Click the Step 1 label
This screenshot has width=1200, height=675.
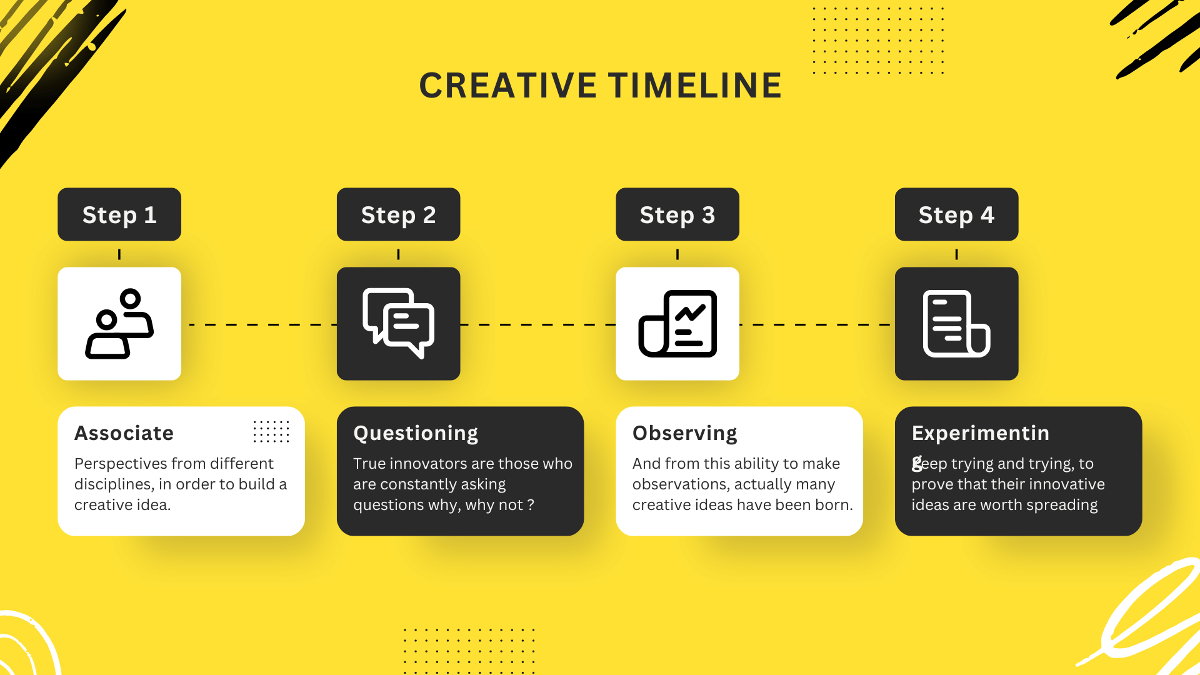click(119, 215)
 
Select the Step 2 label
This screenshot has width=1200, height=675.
click(398, 215)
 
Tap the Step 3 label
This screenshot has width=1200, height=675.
click(677, 215)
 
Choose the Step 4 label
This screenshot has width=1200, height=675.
click(956, 215)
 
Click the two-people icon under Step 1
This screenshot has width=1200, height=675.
click(119, 324)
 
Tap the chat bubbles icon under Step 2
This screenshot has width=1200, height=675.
click(398, 324)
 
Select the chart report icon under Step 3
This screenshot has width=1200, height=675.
click(677, 324)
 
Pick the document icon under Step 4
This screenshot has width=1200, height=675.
click(956, 324)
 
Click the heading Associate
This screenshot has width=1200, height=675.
click(124, 433)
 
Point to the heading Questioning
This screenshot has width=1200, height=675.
click(416, 433)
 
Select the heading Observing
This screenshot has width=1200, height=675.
click(684, 433)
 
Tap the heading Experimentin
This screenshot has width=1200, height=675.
click(980, 433)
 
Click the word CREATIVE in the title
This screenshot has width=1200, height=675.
click(507, 86)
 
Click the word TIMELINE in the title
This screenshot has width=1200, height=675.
click(695, 86)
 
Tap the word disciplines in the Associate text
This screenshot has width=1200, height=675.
click(113, 484)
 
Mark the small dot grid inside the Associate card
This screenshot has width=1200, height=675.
click(271, 431)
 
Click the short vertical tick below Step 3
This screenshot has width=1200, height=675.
click(677, 254)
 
